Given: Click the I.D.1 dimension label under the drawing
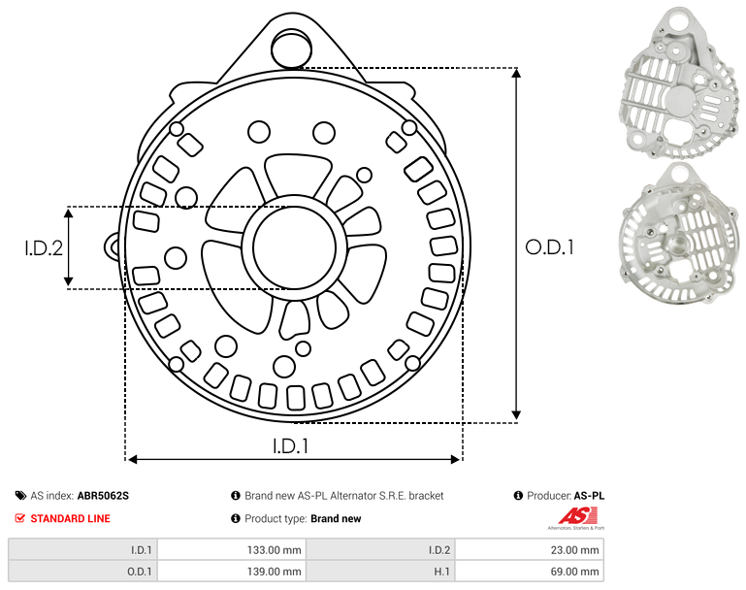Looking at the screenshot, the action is coord(291,445).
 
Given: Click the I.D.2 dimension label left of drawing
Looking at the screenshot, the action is coord(44,247).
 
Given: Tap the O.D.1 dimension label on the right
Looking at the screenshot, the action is coord(549,247).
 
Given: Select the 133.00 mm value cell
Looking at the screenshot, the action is coord(231,550).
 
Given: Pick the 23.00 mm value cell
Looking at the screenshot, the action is coord(529,550).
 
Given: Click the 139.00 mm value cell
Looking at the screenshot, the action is coord(231,572).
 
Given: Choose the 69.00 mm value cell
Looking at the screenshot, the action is coord(529,572).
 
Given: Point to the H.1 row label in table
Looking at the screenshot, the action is coord(442,572).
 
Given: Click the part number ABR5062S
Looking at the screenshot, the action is coord(103,496).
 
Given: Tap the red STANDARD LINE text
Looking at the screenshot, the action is coord(71,518).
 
